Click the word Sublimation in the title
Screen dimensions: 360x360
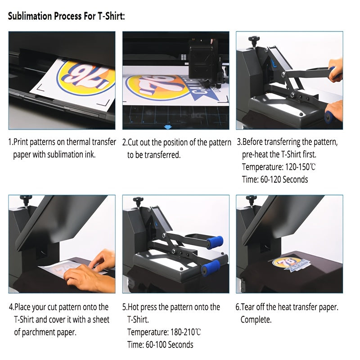coord(30,16)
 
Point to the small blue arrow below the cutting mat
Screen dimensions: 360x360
coord(168,127)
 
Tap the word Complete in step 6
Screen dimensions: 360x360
coord(255,319)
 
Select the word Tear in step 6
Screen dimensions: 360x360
coord(248,307)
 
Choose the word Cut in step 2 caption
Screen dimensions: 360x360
coord(133,142)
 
